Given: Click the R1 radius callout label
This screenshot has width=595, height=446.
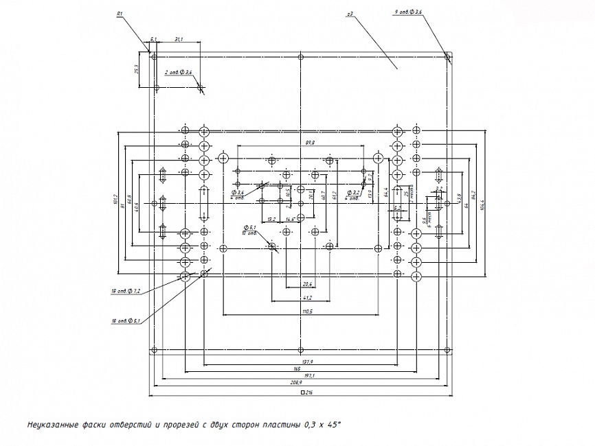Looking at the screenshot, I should (x=120, y=14).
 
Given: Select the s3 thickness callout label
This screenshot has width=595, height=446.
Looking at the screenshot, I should (x=350, y=13).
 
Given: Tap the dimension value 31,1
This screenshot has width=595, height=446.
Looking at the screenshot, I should (x=178, y=40).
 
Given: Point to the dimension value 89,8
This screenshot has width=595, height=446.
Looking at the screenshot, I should (x=310, y=142).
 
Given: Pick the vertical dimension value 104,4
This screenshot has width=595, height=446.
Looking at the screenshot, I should (x=482, y=204).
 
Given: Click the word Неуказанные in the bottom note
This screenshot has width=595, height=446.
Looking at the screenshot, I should (x=52, y=426).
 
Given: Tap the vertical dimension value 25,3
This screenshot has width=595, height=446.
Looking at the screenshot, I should (x=137, y=70).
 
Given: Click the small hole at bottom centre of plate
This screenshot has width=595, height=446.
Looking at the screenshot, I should (x=301, y=351).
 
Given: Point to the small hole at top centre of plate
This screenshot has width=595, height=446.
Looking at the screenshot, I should (x=301, y=56).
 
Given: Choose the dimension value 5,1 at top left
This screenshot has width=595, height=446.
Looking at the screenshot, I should (x=153, y=40).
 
